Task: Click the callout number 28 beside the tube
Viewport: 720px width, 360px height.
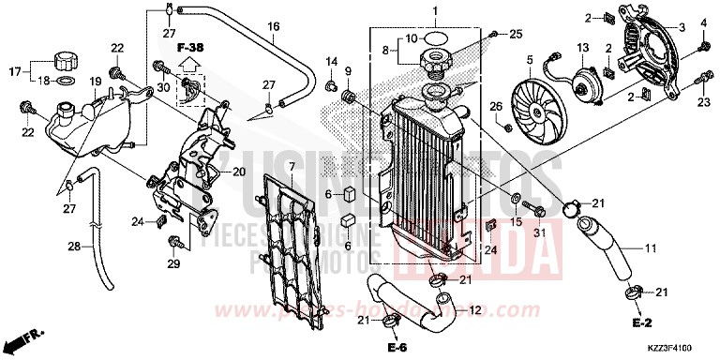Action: [71, 247]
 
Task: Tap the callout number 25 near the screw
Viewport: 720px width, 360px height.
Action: [514, 35]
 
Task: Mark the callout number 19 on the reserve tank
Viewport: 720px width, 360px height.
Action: [94, 82]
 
